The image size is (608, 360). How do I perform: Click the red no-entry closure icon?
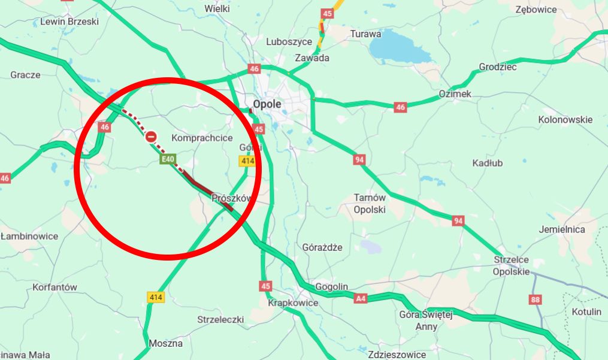coord(152,137)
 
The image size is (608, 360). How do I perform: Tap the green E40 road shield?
coord(168,159)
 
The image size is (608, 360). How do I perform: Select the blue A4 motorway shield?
coord(360,298)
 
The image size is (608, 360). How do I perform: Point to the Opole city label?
coord(267,104)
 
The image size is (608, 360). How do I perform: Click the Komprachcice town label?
coord(202,138)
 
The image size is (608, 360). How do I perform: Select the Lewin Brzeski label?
coord(69,22)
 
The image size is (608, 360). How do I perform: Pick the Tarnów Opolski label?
coord(370,204)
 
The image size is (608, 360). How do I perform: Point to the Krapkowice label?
coord(293,303)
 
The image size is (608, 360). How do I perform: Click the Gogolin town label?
coord(331,287)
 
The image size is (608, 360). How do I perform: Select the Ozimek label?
coord(455,94)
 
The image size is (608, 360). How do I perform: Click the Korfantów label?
coord(55,287)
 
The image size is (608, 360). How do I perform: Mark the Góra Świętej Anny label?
coord(426,320)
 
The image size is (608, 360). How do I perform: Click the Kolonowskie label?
coord(565,119)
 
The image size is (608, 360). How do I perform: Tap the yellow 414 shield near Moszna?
coord(156,297)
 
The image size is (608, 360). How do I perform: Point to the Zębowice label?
coord(536,10)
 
